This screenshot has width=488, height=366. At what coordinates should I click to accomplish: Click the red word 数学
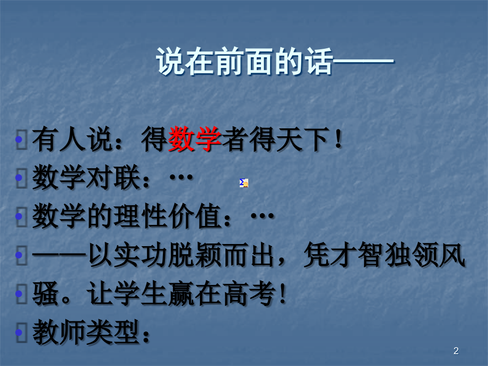tap(194, 141)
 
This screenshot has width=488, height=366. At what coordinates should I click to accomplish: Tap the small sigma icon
tap(244, 183)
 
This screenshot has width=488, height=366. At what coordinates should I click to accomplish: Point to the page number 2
tap(456, 351)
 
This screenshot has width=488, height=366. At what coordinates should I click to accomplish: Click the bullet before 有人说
tap(20, 141)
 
